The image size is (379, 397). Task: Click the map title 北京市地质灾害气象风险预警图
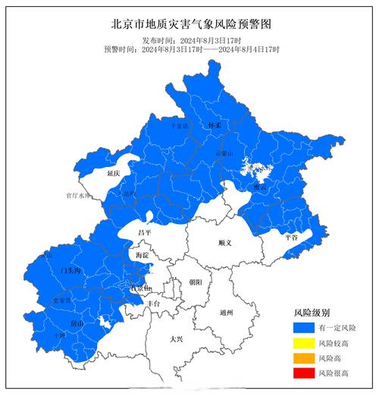tap(190, 24)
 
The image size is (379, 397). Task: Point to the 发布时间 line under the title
tap(191, 39)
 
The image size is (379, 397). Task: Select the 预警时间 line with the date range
tap(191, 49)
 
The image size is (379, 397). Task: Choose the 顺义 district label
tap(223, 243)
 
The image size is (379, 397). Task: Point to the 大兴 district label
tap(177, 340)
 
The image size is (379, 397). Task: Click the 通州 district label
tap(226, 312)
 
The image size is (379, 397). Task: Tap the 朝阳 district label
tap(196, 282)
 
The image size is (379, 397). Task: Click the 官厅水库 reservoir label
tap(78, 195)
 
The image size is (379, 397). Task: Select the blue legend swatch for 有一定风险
tap(303, 327)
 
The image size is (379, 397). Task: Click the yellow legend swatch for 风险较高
tap(303, 342)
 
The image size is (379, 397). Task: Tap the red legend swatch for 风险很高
tap(303, 373)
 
